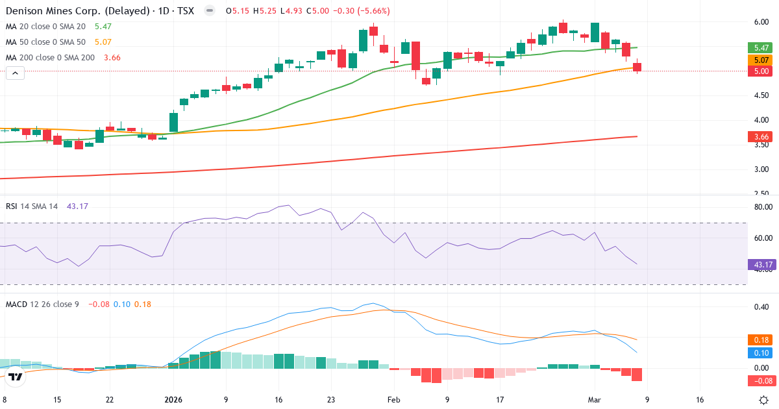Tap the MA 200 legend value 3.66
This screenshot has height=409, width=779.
click(112, 57)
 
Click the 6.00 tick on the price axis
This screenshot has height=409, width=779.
click(761, 22)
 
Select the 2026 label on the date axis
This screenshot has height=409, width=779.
click(174, 400)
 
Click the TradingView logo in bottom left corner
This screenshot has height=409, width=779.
click(16, 376)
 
